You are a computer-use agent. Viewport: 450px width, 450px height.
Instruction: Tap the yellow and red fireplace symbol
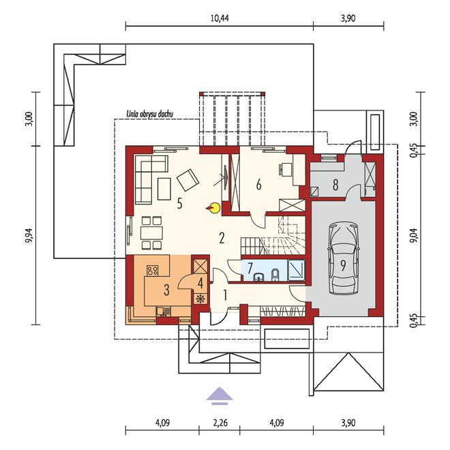point(214,207)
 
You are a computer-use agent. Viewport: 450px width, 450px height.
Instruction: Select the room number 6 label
point(259,183)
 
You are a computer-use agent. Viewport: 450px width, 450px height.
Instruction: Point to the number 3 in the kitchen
point(166,289)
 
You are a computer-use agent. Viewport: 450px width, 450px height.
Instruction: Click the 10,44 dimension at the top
point(220,18)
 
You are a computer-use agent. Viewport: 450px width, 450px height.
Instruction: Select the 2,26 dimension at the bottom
point(220,423)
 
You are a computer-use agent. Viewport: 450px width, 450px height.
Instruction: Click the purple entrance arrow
point(220,393)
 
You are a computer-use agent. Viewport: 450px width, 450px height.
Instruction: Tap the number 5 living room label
point(179,202)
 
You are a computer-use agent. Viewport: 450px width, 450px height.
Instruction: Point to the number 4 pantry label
point(200,281)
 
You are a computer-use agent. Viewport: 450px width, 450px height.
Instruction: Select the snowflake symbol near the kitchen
point(200,299)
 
